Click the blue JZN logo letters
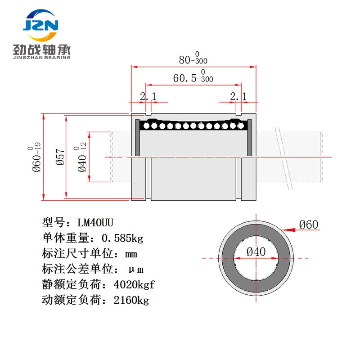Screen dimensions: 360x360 point(40,25)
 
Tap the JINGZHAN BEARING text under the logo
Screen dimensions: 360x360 point(42,58)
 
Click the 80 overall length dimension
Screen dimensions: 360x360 point(193,58)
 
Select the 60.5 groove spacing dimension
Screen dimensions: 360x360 point(193,76)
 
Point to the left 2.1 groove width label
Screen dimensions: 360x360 point(148,96)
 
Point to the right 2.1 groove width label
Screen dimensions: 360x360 point(238,96)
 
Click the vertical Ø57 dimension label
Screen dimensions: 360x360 point(60,157)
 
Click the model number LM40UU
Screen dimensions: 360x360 point(95,223)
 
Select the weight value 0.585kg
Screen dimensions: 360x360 point(122,238)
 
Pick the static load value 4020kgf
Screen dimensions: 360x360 point(134,285)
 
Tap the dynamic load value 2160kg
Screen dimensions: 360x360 point(131,300)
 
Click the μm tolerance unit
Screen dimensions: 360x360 point(136,270)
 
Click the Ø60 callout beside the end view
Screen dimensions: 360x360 point(309,224)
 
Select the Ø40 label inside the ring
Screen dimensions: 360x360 point(256,252)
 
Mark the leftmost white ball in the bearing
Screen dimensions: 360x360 point(146,126)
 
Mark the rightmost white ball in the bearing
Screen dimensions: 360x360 point(241,126)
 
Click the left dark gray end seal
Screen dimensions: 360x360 point(137,138)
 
